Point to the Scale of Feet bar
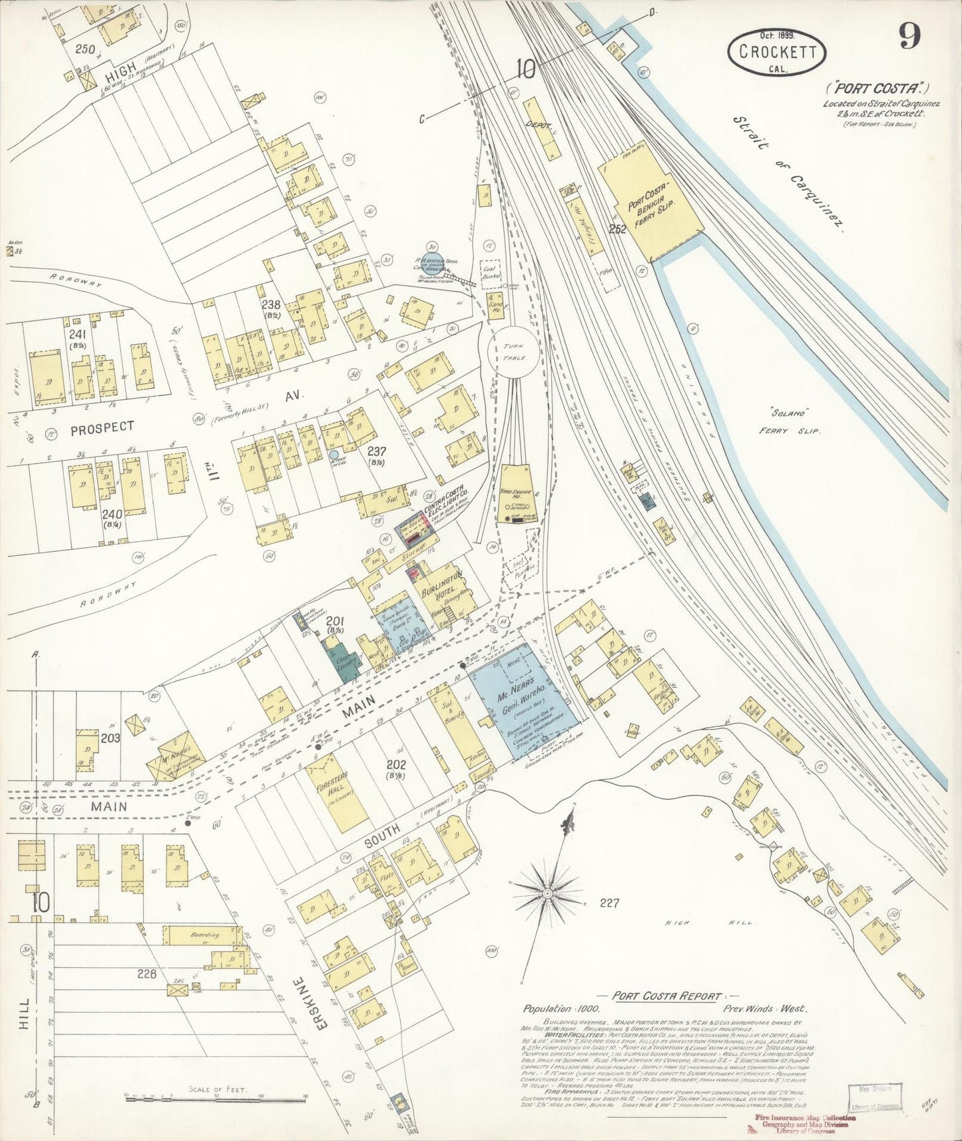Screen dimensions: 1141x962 (212, 1095)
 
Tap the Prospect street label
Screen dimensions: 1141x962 (102, 427)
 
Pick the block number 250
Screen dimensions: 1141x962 (85, 49)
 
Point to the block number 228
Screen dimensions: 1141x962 (146, 974)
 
